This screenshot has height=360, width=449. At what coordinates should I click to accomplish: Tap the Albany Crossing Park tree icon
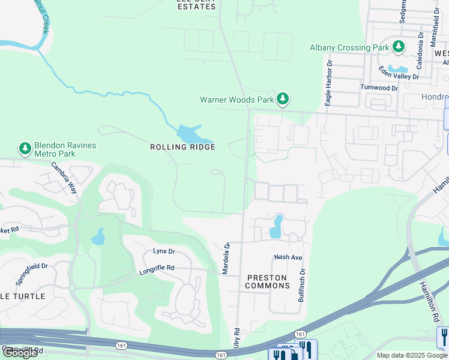click(x=398, y=47)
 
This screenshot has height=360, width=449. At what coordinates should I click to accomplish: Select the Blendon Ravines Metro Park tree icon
click(x=25, y=148)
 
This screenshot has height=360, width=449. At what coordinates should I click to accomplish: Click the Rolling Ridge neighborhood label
click(x=182, y=147)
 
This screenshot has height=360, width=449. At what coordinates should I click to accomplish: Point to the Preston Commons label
click(x=268, y=281)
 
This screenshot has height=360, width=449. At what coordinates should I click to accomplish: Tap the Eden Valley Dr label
click(x=399, y=76)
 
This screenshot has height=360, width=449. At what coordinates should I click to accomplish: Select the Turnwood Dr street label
click(x=379, y=88)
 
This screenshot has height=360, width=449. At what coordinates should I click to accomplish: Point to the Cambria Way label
click(x=64, y=178)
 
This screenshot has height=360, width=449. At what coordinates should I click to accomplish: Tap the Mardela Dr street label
click(x=226, y=259)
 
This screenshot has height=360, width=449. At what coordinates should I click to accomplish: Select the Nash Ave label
click(x=288, y=257)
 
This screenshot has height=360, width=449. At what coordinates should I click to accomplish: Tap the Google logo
click(x=20, y=353)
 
